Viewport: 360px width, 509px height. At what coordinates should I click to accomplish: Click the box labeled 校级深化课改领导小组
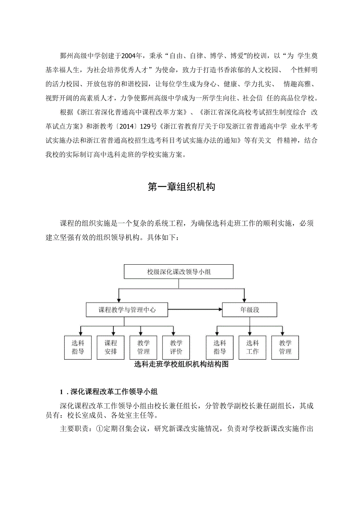tap(178, 272)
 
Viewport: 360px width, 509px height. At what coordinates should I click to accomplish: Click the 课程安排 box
tap(110, 347)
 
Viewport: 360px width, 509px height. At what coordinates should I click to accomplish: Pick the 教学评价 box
tap(176, 347)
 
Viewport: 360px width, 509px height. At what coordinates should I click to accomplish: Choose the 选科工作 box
tap(252, 347)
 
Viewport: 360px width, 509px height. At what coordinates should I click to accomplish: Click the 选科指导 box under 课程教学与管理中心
tap(77, 347)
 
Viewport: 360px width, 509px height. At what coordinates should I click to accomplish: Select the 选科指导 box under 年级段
tap(220, 347)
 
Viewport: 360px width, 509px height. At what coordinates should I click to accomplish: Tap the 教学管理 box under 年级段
tap(285, 347)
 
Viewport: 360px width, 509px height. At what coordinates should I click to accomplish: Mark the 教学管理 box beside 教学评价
tap(143, 347)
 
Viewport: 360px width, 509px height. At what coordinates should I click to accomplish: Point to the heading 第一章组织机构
tap(181, 187)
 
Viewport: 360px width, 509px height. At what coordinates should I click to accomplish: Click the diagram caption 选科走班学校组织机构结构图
tap(181, 364)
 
